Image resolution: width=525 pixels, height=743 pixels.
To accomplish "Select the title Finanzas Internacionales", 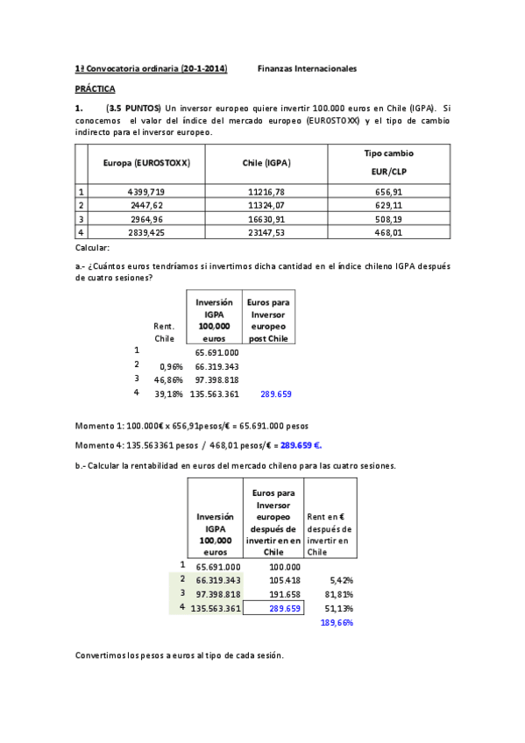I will click(308, 68).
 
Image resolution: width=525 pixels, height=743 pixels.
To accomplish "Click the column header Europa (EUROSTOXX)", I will click(146, 163).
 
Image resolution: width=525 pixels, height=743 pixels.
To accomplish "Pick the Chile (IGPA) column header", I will click(266, 163).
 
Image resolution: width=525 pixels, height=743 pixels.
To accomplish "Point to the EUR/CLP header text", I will click(388, 173).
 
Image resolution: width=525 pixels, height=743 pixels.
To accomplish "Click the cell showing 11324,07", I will click(266, 205).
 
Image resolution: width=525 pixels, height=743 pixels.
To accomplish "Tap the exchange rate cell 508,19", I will click(388, 219).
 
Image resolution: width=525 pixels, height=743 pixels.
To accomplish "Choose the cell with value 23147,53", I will click(266, 233).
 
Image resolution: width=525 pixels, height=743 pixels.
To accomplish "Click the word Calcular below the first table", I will click(92, 249).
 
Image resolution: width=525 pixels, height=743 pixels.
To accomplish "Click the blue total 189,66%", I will click(337, 622).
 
